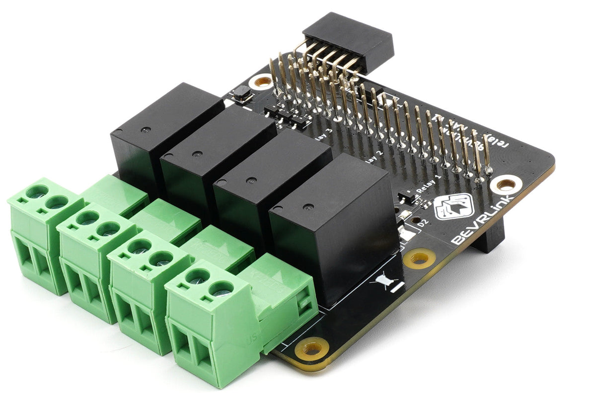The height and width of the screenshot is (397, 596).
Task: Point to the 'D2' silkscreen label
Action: (x=423, y=224)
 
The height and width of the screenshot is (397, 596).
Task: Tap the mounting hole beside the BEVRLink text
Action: (x=506, y=185)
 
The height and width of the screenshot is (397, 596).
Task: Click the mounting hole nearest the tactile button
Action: (x=263, y=81)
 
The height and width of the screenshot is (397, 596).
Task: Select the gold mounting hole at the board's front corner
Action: (x=311, y=348)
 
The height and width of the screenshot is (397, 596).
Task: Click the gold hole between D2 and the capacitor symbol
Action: (x=419, y=258)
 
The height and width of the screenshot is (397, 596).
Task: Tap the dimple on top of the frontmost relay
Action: (x=309, y=205)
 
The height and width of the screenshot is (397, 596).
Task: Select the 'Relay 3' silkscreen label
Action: (x=323, y=135)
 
